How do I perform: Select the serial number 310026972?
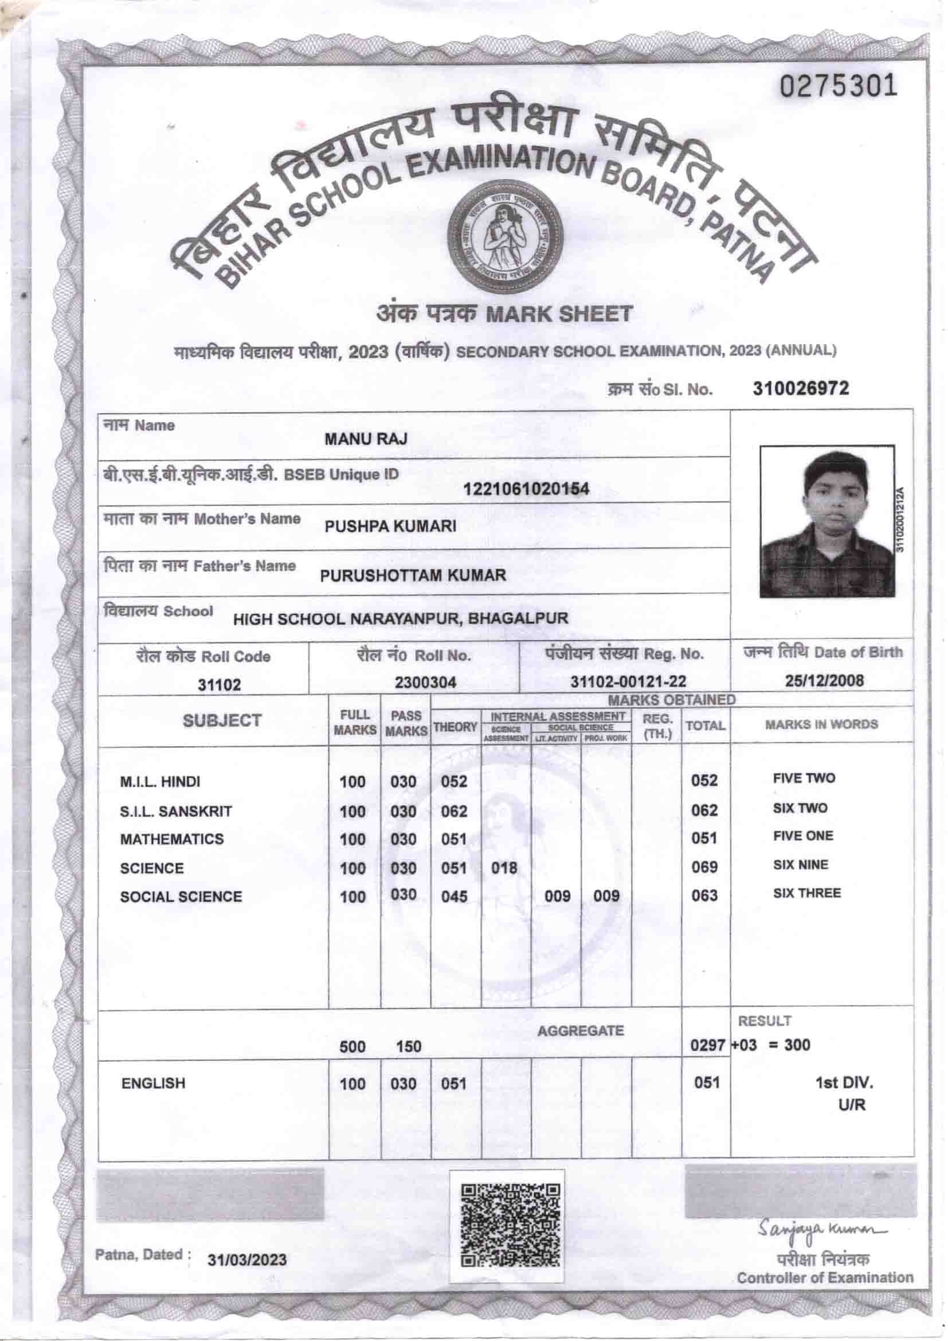[x=801, y=388]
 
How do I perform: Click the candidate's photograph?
[x=826, y=521]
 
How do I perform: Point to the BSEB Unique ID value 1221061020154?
[x=526, y=489]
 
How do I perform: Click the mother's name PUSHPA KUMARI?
[x=390, y=526]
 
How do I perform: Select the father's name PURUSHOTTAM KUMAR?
[x=413, y=575]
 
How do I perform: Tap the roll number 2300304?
[x=425, y=682]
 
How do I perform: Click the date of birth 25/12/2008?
[x=824, y=681]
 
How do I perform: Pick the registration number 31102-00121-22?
[x=628, y=681]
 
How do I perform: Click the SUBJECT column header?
[x=222, y=721]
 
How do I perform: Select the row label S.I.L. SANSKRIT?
[x=176, y=811]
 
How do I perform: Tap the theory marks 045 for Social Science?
[x=454, y=896]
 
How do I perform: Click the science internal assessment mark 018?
[x=504, y=868]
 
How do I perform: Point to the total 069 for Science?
[x=704, y=867]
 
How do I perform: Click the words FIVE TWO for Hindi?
[x=804, y=778]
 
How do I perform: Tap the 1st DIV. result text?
[x=844, y=1083]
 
